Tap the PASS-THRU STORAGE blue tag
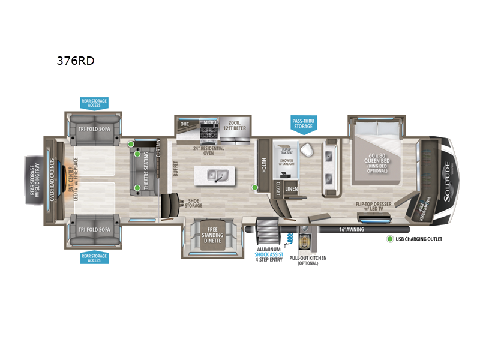[303, 124]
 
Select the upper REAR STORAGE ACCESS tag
[94, 104]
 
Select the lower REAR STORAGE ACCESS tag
[94, 258]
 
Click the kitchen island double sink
[215, 175]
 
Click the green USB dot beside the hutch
[255, 187]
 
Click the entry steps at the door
[266, 231]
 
